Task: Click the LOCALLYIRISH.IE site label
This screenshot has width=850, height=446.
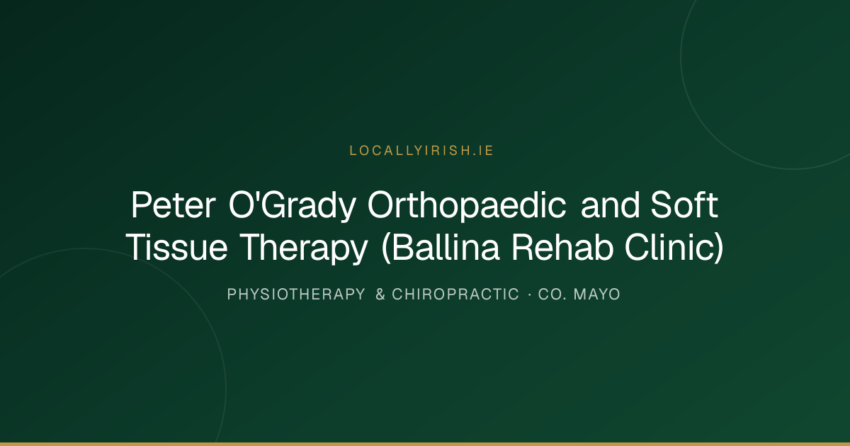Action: [421, 151]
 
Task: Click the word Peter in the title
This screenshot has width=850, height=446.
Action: [174, 205]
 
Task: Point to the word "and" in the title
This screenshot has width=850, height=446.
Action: [610, 205]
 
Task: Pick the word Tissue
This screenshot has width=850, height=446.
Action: [177, 247]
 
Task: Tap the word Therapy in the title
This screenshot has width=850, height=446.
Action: [304, 248]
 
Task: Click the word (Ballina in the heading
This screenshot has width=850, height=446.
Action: [440, 248]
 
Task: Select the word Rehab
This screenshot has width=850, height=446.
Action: [562, 247]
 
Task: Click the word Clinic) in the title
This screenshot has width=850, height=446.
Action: [674, 248]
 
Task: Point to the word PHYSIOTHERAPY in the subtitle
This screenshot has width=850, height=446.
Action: [296, 295]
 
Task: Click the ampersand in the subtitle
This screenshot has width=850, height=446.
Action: [380, 295]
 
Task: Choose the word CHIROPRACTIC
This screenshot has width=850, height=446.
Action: [455, 295]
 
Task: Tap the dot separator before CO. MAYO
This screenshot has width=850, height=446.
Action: [530, 295]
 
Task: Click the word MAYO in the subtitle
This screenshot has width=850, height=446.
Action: [597, 295]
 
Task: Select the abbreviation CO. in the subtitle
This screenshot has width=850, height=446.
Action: [552, 295]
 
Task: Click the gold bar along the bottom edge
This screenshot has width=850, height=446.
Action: [425, 444]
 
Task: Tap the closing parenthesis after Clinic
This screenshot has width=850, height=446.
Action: [720, 248]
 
